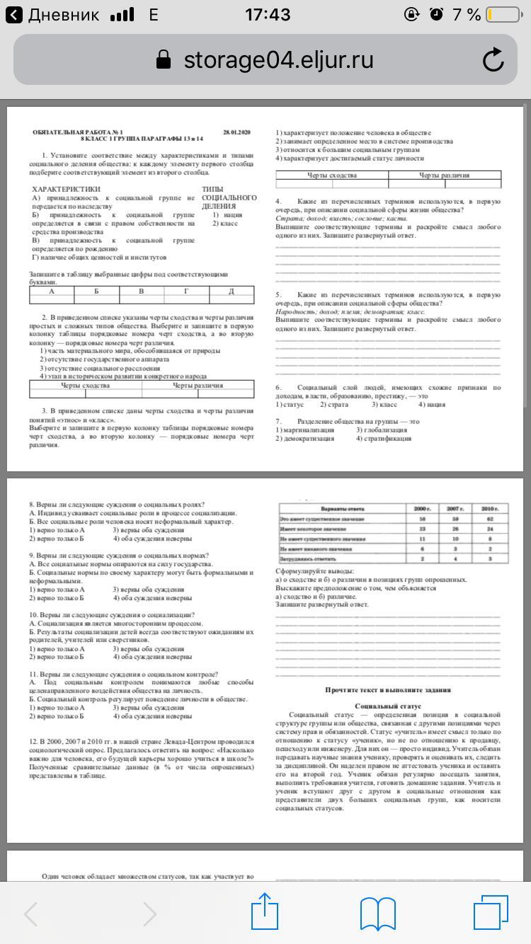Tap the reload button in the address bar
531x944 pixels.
click(x=493, y=60)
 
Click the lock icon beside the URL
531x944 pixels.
click(x=164, y=60)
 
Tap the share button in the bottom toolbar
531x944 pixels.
click(x=264, y=912)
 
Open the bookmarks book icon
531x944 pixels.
click(x=377, y=913)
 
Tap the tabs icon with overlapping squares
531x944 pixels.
click(x=490, y=912)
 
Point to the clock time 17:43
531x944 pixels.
click(x=267, y=14)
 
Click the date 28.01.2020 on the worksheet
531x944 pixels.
click(x=236, y=132)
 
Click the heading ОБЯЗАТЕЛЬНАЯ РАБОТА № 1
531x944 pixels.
click(x=78, y=132)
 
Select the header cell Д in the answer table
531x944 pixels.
click(x=231, y=291)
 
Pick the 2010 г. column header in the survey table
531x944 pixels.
click(x=491, y=509)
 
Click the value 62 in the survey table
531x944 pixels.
click(x=491, y=519)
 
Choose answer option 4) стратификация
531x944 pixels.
click(x=384, y=439)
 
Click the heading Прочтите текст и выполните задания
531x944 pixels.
click(x=387, y=689)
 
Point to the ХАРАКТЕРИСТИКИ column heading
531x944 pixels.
click(x=66, y=189)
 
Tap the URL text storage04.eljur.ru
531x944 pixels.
click(x=278, y=60)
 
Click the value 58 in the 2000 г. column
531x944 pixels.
click(x=423, y=519)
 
